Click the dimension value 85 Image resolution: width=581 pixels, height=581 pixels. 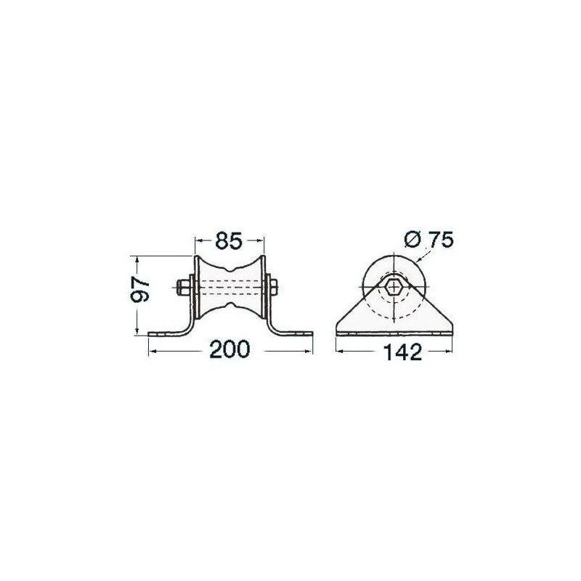tap(229, 241)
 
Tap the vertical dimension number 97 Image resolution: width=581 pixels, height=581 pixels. tap(140, 289)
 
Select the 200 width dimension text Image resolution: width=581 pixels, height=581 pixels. tap(229, 349)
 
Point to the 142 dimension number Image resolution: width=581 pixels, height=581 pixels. tap(402, 352)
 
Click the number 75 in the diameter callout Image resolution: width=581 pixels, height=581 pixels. tap(440, 240)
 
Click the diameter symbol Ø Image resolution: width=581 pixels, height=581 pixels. tap(413, 240)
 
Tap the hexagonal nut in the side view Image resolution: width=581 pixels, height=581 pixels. tap(393, 287)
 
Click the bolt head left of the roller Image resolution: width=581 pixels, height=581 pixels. tap(182, 287)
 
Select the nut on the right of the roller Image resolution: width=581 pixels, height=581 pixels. tap(274, 287)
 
